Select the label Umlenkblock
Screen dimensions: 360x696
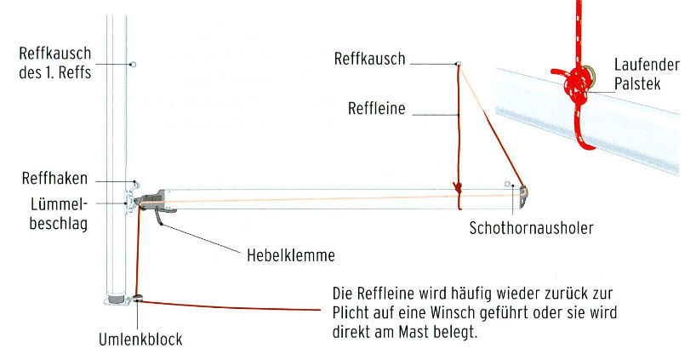[x=140, y=339]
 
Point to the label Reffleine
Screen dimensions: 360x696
[x=377, y=108]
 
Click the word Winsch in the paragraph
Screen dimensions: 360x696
[x=476, y=313]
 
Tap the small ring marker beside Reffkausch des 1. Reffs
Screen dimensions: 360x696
[x=133, y=64]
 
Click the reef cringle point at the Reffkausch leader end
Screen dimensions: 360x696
[x=458, y=64]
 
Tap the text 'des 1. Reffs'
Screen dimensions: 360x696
[x=54, y=72]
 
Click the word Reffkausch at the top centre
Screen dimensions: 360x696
[x=369, y=60]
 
